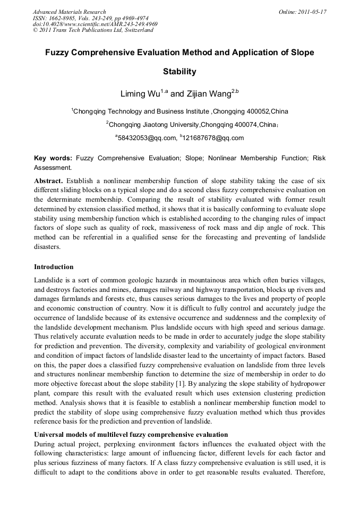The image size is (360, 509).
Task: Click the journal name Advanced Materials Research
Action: [69, 12]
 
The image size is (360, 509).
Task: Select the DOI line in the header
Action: [95, 24]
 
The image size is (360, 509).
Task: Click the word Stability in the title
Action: [179, 71]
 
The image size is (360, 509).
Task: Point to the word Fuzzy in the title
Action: [57, 53]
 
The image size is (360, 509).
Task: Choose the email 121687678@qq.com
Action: [213, 138]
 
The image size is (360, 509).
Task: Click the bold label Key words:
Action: [53, 158]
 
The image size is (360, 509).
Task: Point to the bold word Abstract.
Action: [48, 180]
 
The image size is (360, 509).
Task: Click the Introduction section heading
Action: [54, 267]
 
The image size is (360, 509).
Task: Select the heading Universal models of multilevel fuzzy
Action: [131, 435]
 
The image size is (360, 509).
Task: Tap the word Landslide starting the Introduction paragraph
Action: [48, 280]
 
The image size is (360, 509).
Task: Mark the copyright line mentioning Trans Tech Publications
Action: [93, 30]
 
